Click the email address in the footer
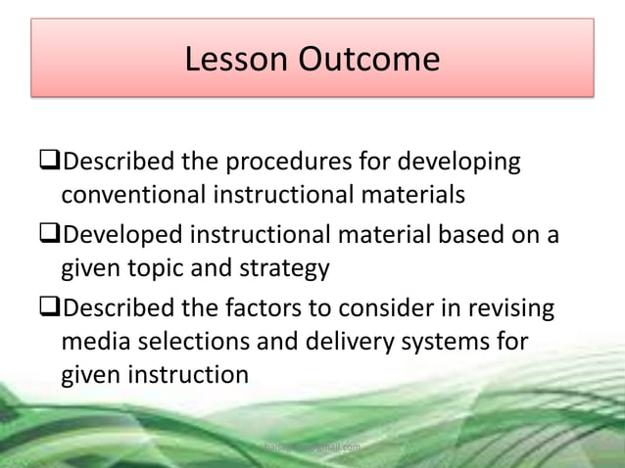(312, 447)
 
